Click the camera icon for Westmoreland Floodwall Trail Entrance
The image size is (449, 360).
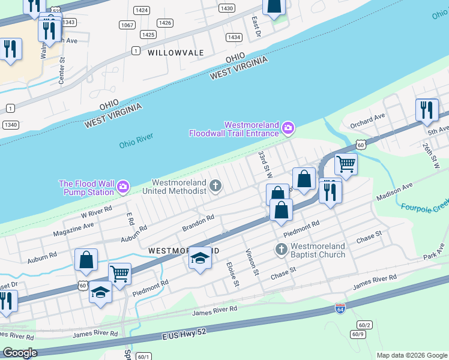click(288, 127)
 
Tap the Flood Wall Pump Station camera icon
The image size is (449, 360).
click(123, 187)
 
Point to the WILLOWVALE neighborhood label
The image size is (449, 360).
click(176, 53)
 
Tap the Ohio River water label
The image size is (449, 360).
click(136, 144)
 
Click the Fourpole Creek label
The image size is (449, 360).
click(424, 210)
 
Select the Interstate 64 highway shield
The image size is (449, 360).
click(340, 308)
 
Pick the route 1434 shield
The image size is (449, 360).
click(234, 37)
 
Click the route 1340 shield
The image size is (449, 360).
click(10, 124)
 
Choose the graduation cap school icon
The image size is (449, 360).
click(200, 258)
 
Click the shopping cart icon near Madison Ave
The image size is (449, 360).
click(345, 163)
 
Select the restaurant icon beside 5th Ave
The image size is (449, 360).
click(427, 109)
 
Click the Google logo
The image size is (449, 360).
click(20, 353)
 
